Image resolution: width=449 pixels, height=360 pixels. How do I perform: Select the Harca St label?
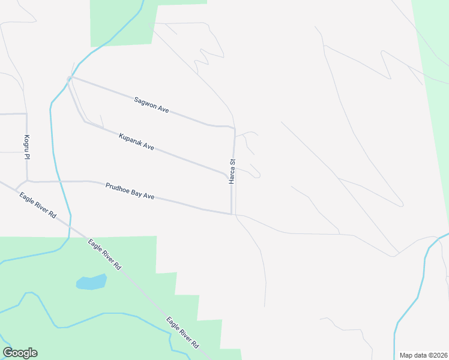[x=232, y=172]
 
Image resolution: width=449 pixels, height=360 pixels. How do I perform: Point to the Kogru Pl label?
[x=27, y=146]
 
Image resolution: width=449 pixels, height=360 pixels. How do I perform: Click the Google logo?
[x=20, y=353]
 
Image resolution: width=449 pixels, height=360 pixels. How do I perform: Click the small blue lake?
[x=91, y=282]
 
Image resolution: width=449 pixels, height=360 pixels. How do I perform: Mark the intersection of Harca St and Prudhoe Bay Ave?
[x=232, y=214]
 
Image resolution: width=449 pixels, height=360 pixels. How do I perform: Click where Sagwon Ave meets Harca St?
[x=234, y=128]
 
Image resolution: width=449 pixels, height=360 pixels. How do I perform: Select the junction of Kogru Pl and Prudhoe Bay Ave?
[x=28, y=180]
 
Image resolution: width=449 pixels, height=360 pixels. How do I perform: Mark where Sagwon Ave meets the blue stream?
[x=70, y=78]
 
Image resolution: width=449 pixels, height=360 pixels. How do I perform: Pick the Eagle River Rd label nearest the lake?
[x=104, y=254]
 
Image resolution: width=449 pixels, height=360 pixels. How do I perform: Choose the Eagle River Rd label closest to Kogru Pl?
[x=37, y=205]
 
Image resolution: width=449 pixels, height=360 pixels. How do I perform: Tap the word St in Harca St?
[x=232, y=162]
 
